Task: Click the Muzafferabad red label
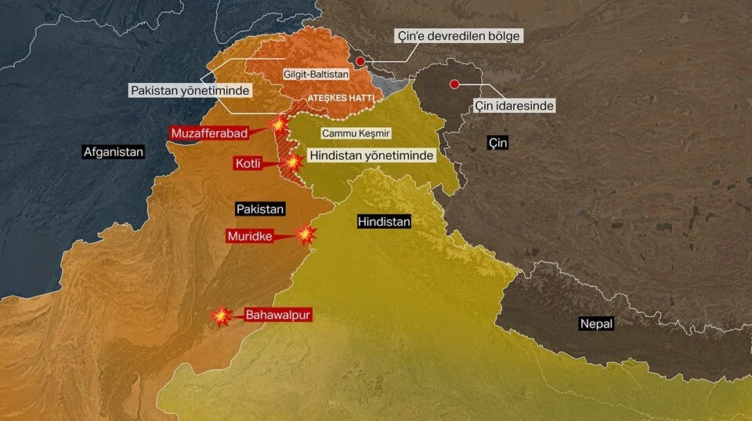pos(209,133)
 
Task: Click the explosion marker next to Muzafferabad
pos(277,125)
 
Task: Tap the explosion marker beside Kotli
pos(293,162)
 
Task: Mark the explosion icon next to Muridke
pos(305,234)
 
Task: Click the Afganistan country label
pos(114,152)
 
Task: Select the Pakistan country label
pos(260,209)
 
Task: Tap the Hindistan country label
pos(384,222)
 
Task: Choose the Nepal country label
pos(596,323)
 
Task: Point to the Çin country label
pos(497,143)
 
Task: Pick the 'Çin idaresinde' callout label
pos(515,105)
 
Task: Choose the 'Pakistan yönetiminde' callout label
pos(190,91)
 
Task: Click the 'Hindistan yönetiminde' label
pos(371,156)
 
